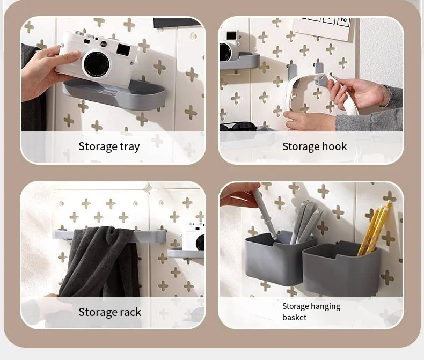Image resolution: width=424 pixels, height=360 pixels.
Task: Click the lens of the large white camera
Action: click(97, 64)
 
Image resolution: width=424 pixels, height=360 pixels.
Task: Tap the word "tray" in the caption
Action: click(130, 147)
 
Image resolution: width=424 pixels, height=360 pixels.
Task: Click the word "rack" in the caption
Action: click(130, 312)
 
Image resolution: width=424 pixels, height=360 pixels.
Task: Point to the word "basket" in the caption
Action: click(295, 317)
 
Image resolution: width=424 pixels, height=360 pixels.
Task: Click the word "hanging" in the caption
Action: click(325, 307)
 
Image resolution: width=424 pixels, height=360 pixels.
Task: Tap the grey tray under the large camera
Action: click(114, 94)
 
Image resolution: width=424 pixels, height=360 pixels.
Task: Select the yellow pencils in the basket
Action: click(373, 230)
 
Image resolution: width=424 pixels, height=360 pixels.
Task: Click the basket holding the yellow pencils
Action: click(341, 268)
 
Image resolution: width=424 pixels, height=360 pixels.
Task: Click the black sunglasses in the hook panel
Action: click(238, 127)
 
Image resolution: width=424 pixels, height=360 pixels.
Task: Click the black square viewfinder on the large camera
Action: click(123, 50)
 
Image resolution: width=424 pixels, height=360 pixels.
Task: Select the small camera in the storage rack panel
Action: click(193, 237)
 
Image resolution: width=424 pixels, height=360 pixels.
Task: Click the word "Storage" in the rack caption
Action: click(98, 312)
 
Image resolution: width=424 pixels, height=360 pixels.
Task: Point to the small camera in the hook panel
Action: click(229, 46)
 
